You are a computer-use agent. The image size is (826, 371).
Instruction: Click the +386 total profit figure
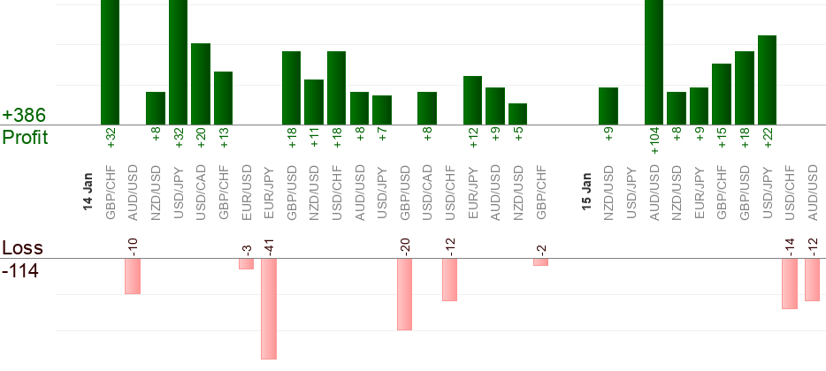(24, 116)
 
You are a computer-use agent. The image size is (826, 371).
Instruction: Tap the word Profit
(26, 138)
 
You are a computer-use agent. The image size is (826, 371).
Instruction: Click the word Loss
(22, 248)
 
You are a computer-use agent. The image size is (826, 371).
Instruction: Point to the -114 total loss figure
(21, 270)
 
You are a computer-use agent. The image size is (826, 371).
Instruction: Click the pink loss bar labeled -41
(269, 308)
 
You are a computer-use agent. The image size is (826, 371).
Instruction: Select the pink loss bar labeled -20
(404, 294)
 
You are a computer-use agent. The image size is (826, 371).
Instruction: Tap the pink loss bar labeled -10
(133, 276)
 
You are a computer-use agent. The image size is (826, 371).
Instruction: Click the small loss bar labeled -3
(246, 263)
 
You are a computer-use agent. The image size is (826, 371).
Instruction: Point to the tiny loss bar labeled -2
(540, 261)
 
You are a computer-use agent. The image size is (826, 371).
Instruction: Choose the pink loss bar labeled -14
(790, 284)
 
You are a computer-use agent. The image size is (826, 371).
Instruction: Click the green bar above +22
(767, 79)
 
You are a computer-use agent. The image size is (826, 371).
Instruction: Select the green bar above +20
(201, 84)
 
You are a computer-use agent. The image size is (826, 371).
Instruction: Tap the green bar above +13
(223, 98)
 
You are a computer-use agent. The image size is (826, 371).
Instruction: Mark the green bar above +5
(517, 114)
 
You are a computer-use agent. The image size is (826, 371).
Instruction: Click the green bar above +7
(382, 110)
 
